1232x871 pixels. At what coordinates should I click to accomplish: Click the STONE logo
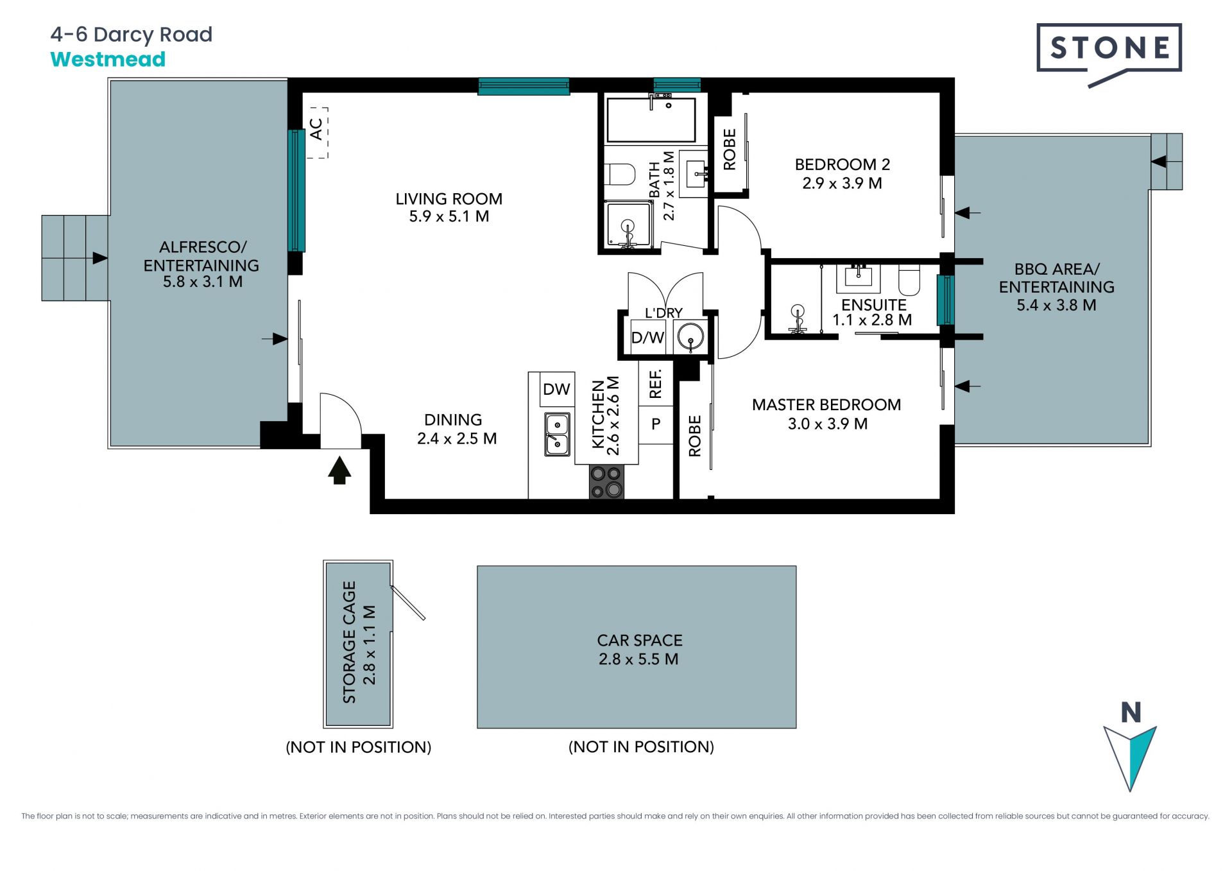pyautogui.click(x=1109, y=55)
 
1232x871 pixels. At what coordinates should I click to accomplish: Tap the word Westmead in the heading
pyautogui.click(x=108, y=59)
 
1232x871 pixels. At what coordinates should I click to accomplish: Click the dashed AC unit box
pyautogui.click(x=317, y=132)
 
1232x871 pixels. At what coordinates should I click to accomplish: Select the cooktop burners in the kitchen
pyautogui.click(x=606, y=482)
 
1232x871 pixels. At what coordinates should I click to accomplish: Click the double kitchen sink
pyautogui.click(x=557, y=435)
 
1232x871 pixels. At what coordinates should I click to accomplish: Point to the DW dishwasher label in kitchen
pyautogui.click(x=556, y=389)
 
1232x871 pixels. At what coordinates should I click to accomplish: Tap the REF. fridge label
pyautogui.click(x=655, y=384)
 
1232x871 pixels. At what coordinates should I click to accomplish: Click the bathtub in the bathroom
pyautogui.click(x=651, y=119)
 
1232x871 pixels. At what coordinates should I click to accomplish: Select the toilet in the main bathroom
pyautogui.click(x=619, y=174)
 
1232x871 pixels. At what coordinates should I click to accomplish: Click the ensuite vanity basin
pyautogui.click(x=858, y=277)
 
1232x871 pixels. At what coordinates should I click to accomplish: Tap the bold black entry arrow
pyautogui.click(x=339, y=470)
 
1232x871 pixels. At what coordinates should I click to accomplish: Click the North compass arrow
pyautogui.click(x=1130, y=757)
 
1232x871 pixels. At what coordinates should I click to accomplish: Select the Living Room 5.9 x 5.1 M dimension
pyautogui.click(x=449, y=216)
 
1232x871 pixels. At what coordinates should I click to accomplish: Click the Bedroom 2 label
pyautogui.click(x=843, y=165)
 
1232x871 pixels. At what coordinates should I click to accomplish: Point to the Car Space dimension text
pyautogui.click(x=638, y=659)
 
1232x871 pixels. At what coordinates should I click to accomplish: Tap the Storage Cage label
pyautogui.click(x=349, y=642)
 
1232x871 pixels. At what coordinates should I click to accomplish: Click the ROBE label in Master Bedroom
pyautogui.click(x=695, y=436)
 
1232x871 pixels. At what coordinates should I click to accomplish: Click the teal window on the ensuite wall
pyautogui.click(x=945, y=300)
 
